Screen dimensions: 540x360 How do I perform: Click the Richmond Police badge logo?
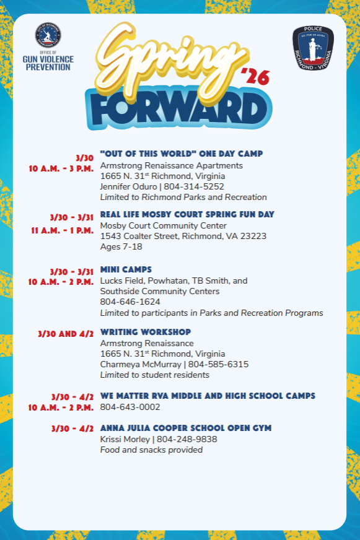pyautogui.click(x=313, y=49)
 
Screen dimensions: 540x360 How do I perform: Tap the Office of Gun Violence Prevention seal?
pyautogui.click(x=48, y=37)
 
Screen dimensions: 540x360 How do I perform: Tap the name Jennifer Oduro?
pyautogui.click(x=128, y=186)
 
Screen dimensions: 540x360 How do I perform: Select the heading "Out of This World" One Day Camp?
pyautogui.click(x=182, y=154)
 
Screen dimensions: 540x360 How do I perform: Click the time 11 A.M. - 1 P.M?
pyautogui.click(x=63, y=231)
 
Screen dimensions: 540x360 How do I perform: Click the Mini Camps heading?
pyautogui.click(x=126, y=269)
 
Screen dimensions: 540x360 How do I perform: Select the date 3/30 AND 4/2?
pyautogui.click(x=66, y=333)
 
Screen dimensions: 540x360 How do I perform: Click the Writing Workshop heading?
pyautogui.click(x=146, y=332)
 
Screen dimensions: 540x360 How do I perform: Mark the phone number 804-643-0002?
pyautogui.click(x=130, y=407)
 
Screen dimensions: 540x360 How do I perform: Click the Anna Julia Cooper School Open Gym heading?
pyautogui.click(x=186, y=428)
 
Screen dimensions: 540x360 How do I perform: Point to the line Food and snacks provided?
pyautogui.click(x=151, y=450)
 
